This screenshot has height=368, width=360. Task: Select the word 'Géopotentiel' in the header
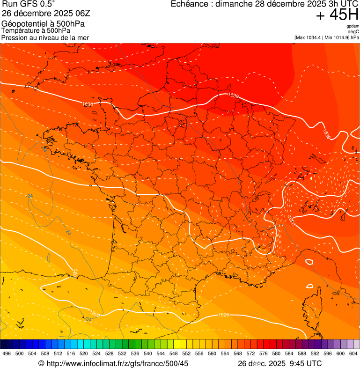pos(22,23)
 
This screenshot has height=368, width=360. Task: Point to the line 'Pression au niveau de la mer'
pos(45,37)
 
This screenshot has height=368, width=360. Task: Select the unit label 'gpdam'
pos(353,26)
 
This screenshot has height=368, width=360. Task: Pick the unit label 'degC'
pos(353,31)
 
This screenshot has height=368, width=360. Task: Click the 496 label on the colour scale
pos(7,353)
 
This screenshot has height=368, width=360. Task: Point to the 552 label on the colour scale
pos(186,353)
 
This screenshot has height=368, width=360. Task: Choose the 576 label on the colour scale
pos(264,353)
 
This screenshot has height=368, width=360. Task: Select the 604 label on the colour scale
pos(353,353)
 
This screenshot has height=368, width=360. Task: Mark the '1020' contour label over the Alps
pos(291,219)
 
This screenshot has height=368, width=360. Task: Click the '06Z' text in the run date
pos(88,14)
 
